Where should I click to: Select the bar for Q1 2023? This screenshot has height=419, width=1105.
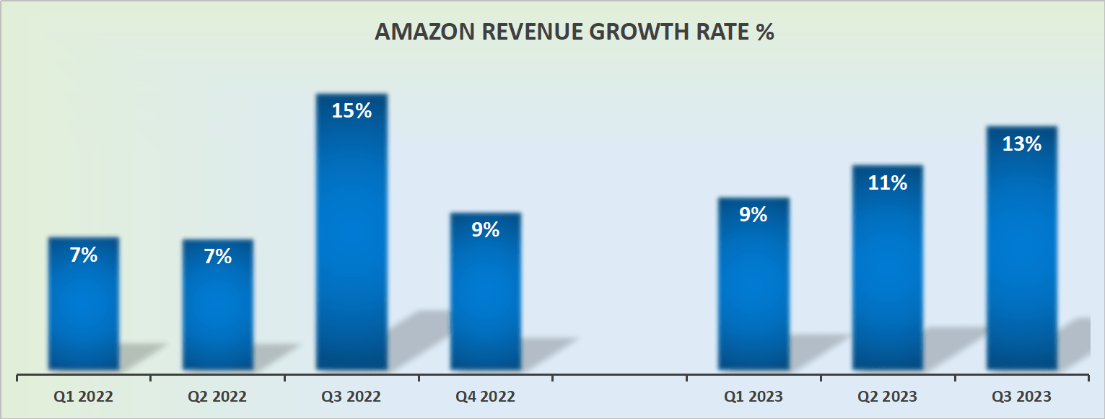(x=754, y=288)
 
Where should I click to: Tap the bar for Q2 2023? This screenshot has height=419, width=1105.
(x=888, y=274)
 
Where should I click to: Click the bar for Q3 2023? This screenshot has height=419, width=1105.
(x=1021, y=252)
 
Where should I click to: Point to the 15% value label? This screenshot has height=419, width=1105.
(x=351, y=111)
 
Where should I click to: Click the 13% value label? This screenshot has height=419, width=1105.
(x=1021, y=144)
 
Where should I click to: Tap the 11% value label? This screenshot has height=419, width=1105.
(x=888, y=183)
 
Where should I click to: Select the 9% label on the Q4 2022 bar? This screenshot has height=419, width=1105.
(x=486, y=230)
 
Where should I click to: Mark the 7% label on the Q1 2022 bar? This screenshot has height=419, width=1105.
(x=84, y=255)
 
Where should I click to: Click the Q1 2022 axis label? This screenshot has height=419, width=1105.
(x=84, y=397)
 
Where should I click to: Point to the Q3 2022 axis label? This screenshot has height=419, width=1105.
(x=351, y=397)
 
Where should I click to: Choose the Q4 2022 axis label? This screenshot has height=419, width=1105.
(x=486, y=397)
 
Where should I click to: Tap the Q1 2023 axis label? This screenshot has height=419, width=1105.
(x=754, y=397)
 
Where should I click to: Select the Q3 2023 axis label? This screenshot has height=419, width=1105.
(x=1021, y=397)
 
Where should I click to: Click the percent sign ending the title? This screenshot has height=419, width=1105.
(x=765, y=33)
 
